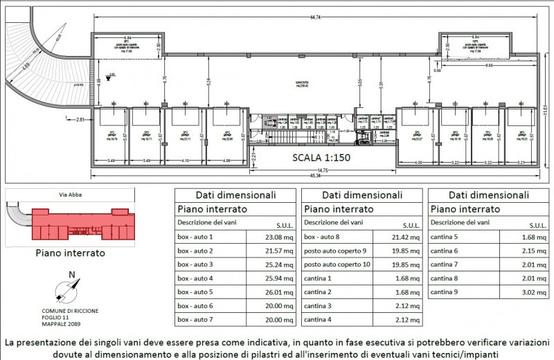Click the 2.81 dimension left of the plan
(x=79, y=120)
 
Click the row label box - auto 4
(x=196, y=278)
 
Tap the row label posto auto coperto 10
(x=337, y=264)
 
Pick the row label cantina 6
(x=445, y=251)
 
